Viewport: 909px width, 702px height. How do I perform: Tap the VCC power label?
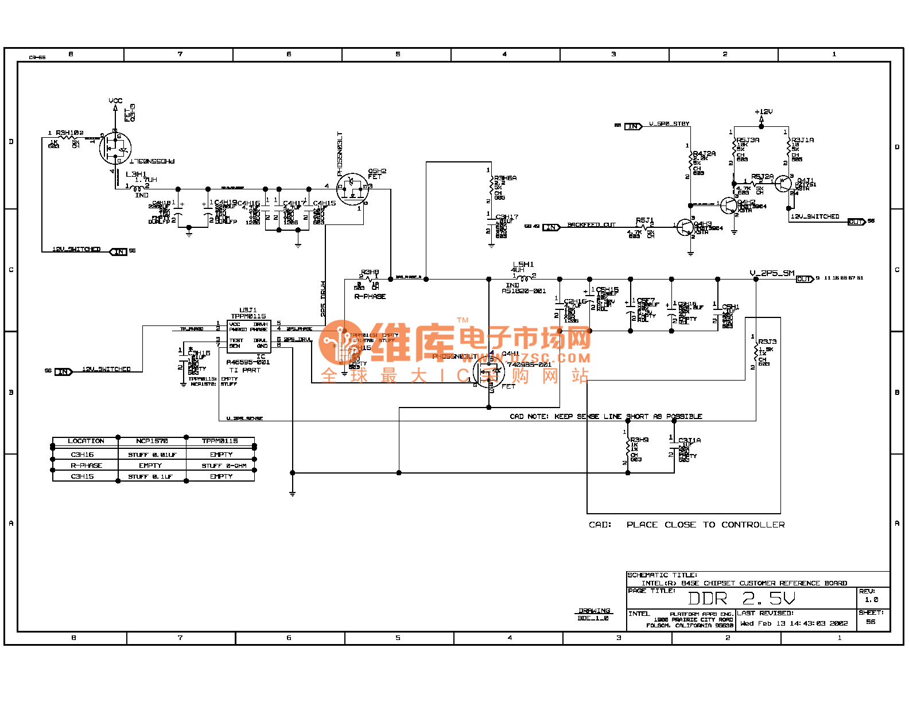tap(115, 101)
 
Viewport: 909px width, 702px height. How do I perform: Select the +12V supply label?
tap(763, 112)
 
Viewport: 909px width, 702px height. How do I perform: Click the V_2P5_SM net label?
tap(772, 273)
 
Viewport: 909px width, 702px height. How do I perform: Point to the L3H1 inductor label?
tap(136, 174)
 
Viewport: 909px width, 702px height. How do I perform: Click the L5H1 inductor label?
tap(523, 265)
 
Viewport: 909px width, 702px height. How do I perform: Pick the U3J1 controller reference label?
tap(248, 310)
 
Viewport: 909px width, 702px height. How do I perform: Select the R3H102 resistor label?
tap(69, 133)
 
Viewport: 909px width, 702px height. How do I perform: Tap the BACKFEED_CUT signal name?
tap(591, 225)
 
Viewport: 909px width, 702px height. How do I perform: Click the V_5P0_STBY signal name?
tap(669, 124)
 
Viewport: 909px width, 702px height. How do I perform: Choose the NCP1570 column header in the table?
tap(151, 441)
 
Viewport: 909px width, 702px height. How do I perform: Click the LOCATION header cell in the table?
tap(86, 441)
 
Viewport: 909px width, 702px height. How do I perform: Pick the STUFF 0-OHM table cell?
tap(223, 466)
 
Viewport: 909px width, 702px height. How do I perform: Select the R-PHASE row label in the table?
tap(86, 466)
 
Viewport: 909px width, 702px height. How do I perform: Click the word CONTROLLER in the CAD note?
tap(753, 525)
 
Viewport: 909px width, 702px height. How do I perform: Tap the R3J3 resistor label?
tap(767, 342)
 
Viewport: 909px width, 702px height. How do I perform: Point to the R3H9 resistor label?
tap(639, 440)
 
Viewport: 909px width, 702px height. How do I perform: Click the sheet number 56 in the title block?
tap(871, 622)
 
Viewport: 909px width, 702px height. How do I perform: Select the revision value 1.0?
tap(871, 600)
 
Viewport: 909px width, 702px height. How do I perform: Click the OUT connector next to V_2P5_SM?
tap(805, 279)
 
